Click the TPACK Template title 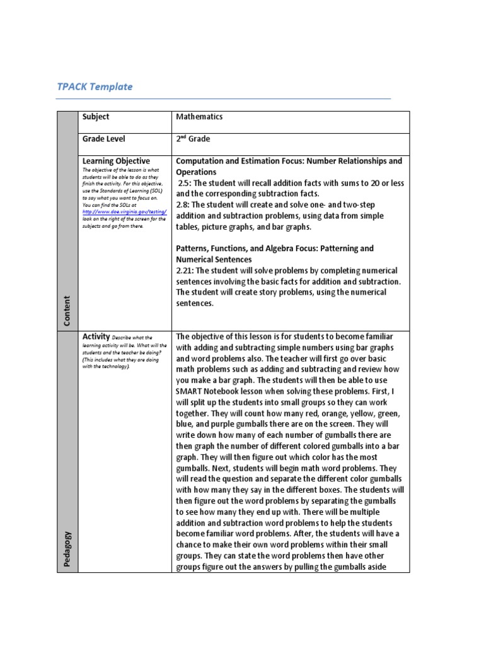click(95, 87)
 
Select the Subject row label click(95, 117)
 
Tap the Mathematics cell click(199, 117)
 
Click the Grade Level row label click(103, 139)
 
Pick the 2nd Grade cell click(193, 139)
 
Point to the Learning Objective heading click(116, 161)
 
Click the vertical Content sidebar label click(67, 311)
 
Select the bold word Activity click(96, 336)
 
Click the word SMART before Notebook click(190, 391)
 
